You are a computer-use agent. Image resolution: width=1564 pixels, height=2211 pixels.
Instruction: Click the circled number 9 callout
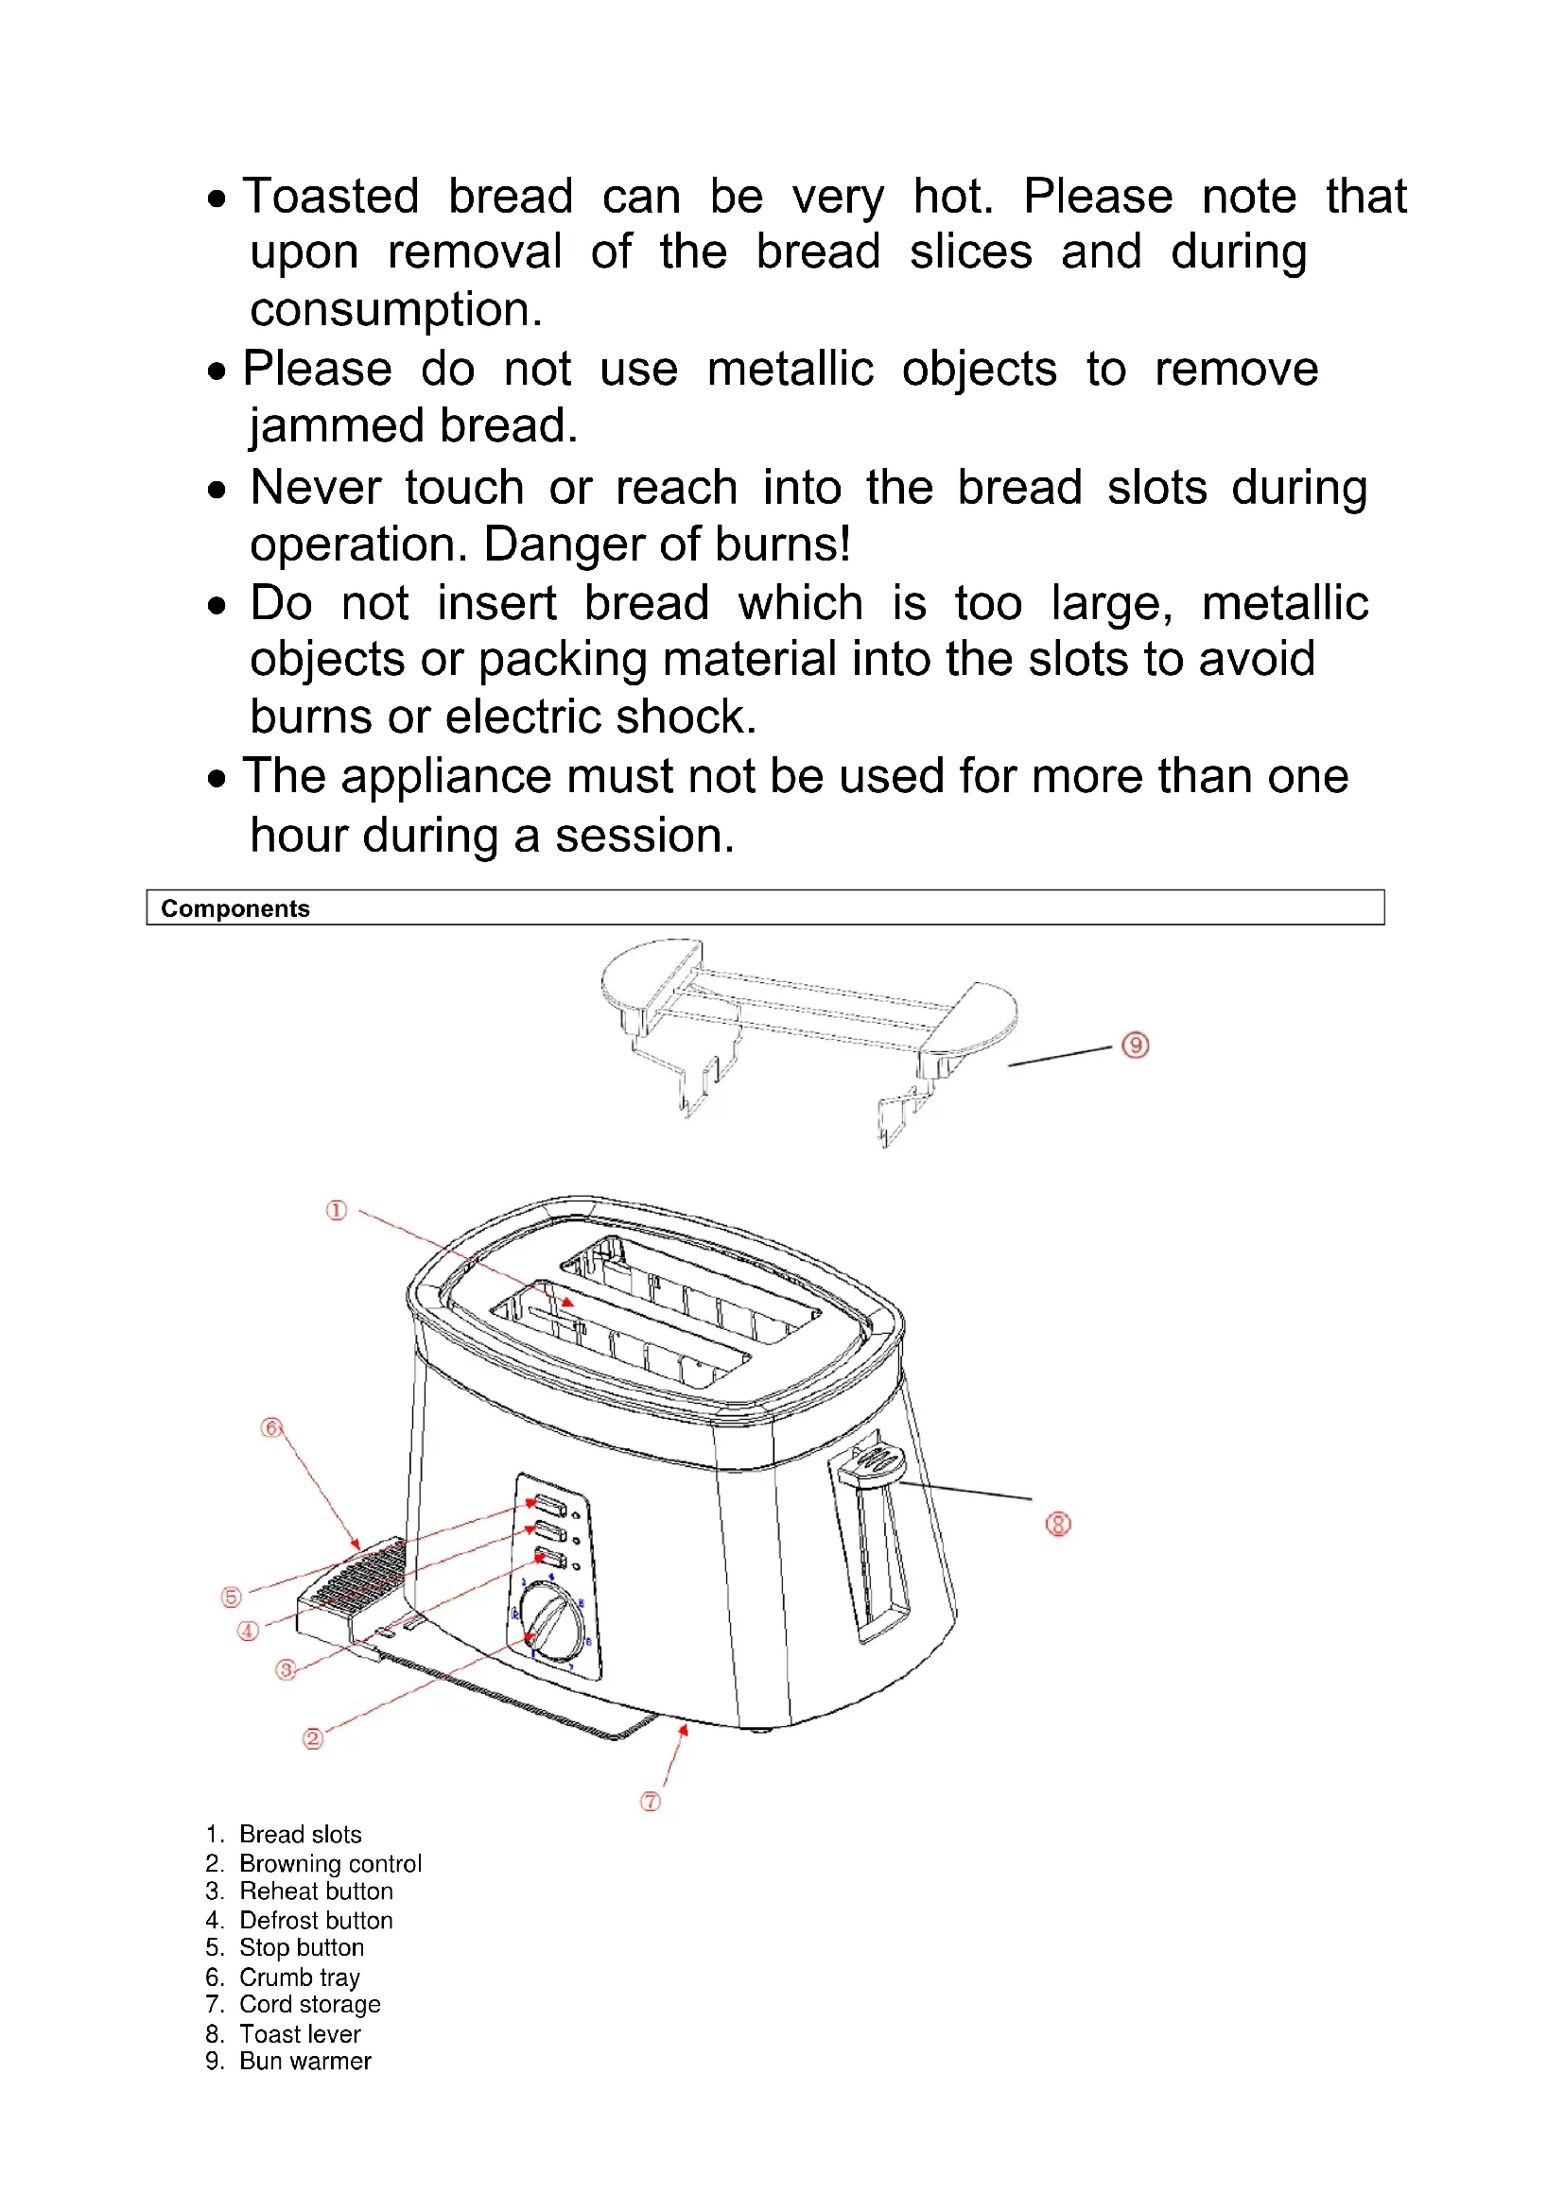[x=1136, y=1045]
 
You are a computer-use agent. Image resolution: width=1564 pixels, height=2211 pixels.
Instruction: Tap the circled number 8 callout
[x=1057, y=1524]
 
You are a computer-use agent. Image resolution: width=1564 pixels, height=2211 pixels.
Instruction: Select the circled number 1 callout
[x=336, y=1211]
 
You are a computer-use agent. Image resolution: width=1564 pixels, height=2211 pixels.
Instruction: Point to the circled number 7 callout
[x=651, y=1801]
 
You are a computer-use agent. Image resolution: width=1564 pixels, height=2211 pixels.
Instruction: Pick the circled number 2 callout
[x=313, y=1738]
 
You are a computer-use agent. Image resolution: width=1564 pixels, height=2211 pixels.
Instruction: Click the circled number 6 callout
[x=271, y=1427]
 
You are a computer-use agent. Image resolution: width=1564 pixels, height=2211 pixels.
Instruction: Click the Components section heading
[x=235, y=908]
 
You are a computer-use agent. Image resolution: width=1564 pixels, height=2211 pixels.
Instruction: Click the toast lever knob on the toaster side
[x=872, y=1463]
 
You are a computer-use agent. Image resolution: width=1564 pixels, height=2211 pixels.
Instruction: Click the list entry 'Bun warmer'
[x=304, y=2061]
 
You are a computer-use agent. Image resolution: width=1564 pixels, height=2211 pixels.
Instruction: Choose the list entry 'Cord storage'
[x=309, y=2004]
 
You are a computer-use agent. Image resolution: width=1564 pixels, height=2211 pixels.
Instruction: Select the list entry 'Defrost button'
[x=316, y=1920]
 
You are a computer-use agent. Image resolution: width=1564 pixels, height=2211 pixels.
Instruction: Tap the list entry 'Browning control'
[x=330, y=1863]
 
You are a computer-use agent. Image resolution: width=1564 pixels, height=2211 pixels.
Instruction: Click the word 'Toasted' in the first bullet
[x=330, y=197]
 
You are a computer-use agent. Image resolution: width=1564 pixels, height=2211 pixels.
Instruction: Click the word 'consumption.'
[x=396, y=310]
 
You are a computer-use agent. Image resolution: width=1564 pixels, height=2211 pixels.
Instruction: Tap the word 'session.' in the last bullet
[x=644, y=836]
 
